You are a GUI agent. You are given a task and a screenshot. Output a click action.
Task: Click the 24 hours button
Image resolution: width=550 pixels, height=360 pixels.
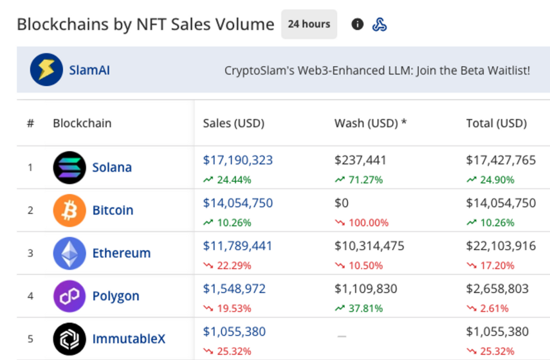tap(309, 24)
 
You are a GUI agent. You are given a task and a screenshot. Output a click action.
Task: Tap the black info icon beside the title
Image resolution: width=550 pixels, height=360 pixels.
tap(358, 24)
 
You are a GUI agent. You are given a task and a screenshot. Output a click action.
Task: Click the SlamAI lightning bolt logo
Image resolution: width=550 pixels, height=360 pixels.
tap(46, 69)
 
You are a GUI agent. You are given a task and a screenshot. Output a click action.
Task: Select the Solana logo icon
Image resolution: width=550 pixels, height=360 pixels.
tap(69, 167)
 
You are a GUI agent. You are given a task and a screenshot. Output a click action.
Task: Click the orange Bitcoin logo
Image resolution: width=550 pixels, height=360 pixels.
tap(69, 210)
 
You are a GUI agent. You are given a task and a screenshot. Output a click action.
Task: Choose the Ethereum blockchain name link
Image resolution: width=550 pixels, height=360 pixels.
tap(122, 253)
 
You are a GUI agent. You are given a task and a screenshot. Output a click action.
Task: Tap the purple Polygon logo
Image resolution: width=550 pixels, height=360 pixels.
tap(69, 296)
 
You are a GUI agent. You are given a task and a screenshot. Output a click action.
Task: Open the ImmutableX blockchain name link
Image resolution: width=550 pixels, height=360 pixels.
tap(129, 339)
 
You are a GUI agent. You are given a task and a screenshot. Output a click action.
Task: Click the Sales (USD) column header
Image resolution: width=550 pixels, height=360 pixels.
tap(234, 123)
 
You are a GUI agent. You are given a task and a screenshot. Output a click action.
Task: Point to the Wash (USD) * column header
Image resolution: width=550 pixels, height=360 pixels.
tap(371, 123)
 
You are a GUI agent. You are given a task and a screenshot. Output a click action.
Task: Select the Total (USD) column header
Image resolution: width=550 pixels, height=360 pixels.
tap(497, 123)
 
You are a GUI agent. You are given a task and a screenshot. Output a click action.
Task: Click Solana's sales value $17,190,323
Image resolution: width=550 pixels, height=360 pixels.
tap(238, 160)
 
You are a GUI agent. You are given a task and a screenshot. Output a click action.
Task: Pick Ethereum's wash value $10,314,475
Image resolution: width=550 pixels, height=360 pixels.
tap(369, 246)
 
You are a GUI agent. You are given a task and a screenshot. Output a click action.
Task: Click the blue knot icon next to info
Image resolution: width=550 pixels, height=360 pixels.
tap(380, 24)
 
